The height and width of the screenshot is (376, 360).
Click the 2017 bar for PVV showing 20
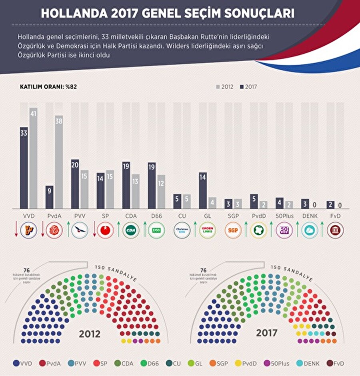(75, 184)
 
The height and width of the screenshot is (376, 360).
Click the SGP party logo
(233, 230)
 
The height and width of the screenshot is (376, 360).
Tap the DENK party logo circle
(310, 230)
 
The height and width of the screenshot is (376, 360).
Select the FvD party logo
(335, 230)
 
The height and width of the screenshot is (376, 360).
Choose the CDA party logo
(130, 230)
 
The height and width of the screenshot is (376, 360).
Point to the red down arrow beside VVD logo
(16, 230)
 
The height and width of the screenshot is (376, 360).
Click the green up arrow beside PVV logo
(68, 230)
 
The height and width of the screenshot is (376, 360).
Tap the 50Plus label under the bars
(284, 216)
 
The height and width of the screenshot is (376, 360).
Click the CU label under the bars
(182, 216)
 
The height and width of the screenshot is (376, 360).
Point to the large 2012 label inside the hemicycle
(90, 334)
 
